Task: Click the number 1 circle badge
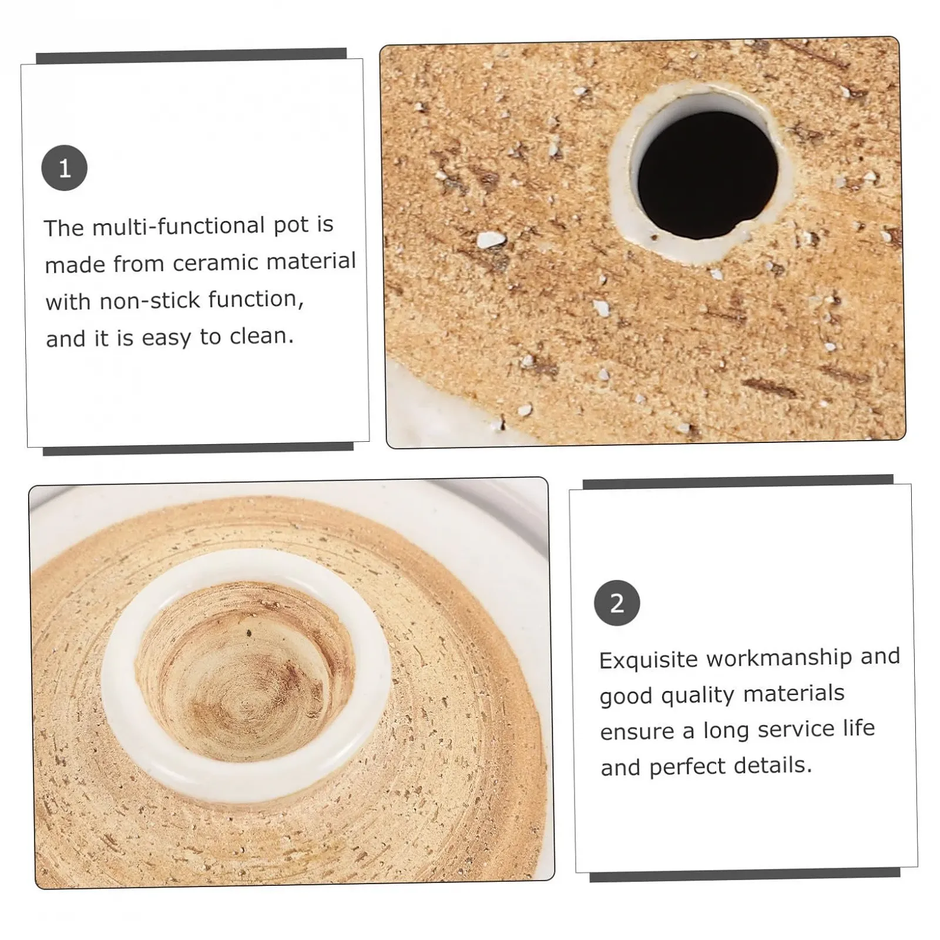click(65, 168)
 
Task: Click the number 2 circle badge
click(617, 603)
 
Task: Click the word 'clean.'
click(261, 336)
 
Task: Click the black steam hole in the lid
click(707, 175)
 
